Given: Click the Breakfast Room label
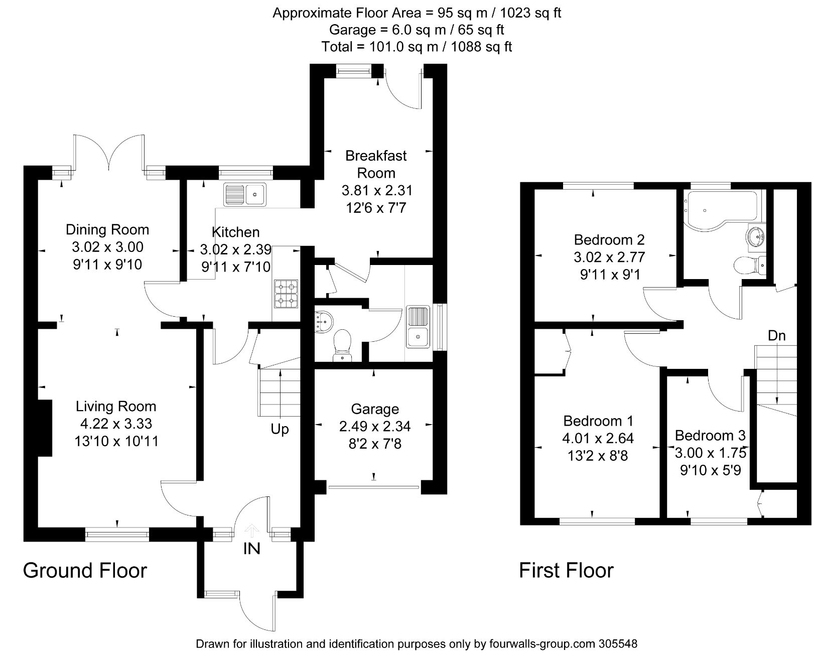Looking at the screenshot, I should tap(376, 164).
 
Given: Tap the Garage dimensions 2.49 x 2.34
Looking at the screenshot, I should tap(374, 426).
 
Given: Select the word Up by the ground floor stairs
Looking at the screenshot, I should tap(280, 429).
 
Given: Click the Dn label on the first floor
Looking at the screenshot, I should tap(776, 335).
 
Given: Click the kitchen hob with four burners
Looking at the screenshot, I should tap(286, 294).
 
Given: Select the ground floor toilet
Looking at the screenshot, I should tap(343, 345).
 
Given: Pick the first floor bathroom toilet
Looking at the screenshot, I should tap(748, 264).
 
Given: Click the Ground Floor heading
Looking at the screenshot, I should tap(85, 571).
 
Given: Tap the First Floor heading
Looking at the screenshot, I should tap(566, 571).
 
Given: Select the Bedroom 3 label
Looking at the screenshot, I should tap(710, 435).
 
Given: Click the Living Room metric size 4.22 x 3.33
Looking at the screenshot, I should tap(116, 424).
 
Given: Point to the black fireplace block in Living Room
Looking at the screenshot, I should tap(45, 428).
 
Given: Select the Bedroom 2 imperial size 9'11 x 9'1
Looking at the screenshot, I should tap(610, 275).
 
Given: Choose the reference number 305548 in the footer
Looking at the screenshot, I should tap(617, 643).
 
